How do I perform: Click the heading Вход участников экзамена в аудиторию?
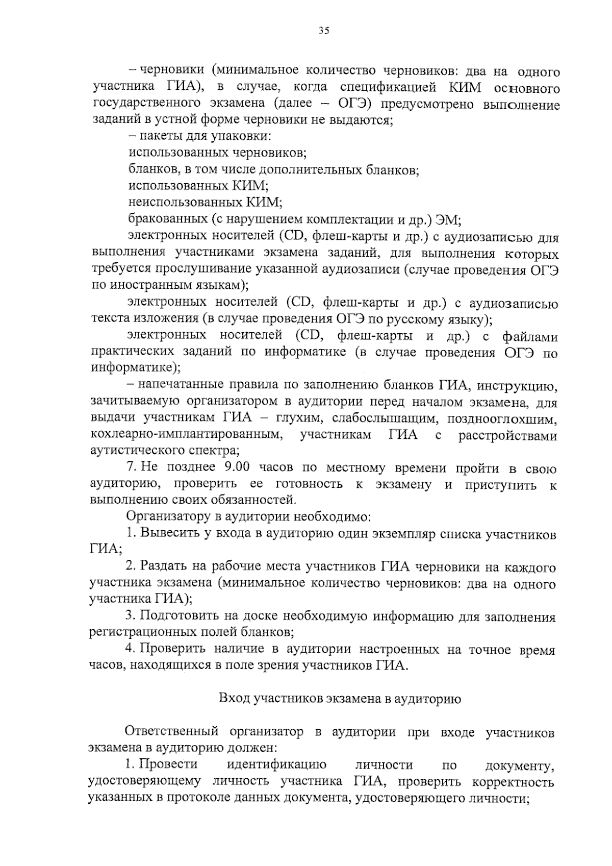click(x=340, y=699)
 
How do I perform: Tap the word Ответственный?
click(x=172, y=732)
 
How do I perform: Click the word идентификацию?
click(x=277, y=765)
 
